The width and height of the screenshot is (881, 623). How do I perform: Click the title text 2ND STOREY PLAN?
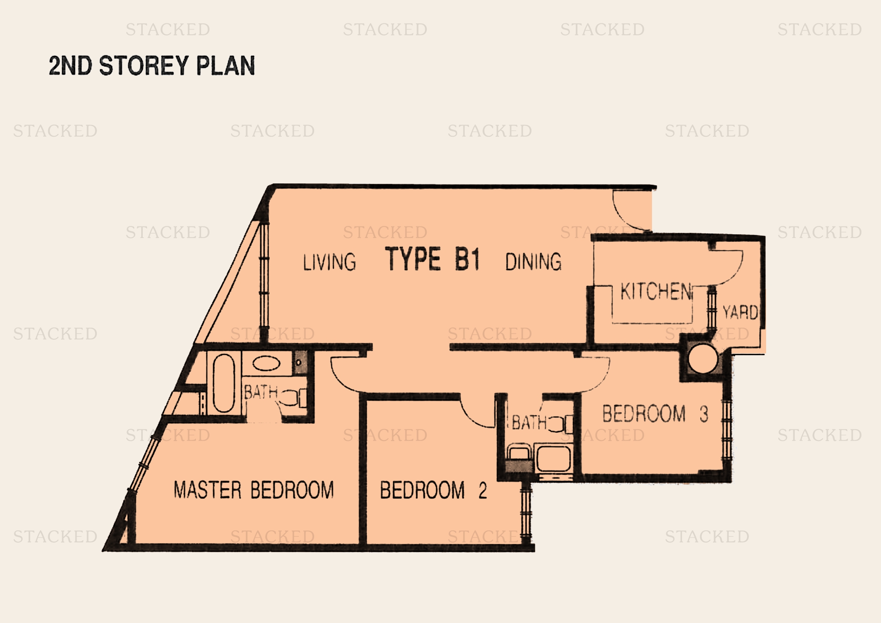[x=151, y=65]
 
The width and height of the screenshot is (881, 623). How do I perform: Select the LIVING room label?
[x=329, y=263]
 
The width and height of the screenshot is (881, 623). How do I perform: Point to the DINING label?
[x=533, y=262]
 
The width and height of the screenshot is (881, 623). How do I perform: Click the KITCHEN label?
[x=656, y=292]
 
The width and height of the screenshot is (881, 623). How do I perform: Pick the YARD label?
[x=740, y=312]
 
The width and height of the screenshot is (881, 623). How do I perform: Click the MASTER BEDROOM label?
[x=253, y=490]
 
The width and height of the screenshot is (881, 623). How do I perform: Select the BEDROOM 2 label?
[x=434, y=490]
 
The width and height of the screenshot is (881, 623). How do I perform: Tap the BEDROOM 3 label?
[x=655, y=414]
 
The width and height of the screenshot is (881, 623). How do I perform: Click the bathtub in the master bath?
[x=224, y=383]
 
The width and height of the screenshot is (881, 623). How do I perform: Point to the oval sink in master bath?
[x=266, y=363]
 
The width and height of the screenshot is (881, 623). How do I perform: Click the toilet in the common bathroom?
[x=560, y=424]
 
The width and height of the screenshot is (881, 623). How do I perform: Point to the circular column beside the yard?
[x=703, y=359]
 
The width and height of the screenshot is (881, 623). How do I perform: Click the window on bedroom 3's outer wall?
[x=726, y=430]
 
